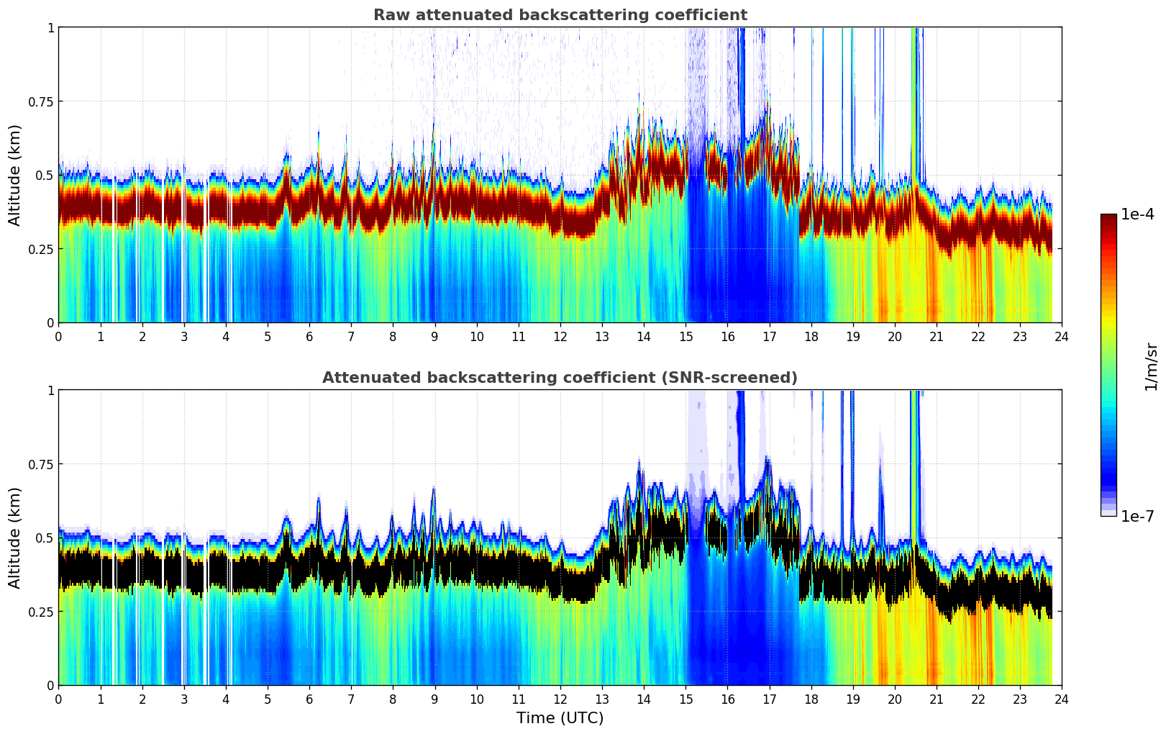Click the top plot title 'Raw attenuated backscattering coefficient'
pyautogui.click(x=560, y=15)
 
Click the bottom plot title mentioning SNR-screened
pyautogui.click(x=560, y=378)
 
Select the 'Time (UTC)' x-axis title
pyautogui.click(x=560, y=717)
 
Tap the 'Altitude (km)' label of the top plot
pyautogui.click(x=15, y=175)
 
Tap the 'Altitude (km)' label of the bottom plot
pyautogui.click(x=15, y=538)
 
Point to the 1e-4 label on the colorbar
pyautogui.click(x=1137, y=214)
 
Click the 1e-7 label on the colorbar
pyautogui.click(x=1137, y=516)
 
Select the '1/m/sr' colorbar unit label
pyautogui.click(x=1151, y=366)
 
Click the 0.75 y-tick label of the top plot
pyautogui.click(x=40, y=101)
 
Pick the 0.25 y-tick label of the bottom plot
pyautogui.click(x=40, y=612)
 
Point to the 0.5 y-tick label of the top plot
pyautogui.click(x=45, y=176)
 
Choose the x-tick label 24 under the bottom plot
pyautogui.click(x=1062, y=699)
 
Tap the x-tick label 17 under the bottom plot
pyautogui.click(x=769, y=699)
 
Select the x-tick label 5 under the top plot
pyautogui.click(x=268, y=336)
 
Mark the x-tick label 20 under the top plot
pyautogui.click(x=894, y=336)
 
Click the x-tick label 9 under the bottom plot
pyautogui.click(x=434, y=699)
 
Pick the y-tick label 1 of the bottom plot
pyautogui.click(x=50, y=391)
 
